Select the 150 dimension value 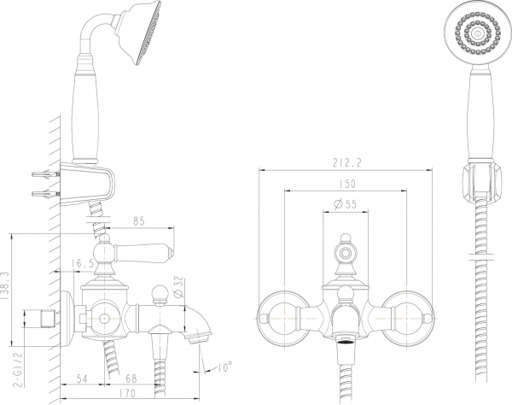click(x=347, y=185)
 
